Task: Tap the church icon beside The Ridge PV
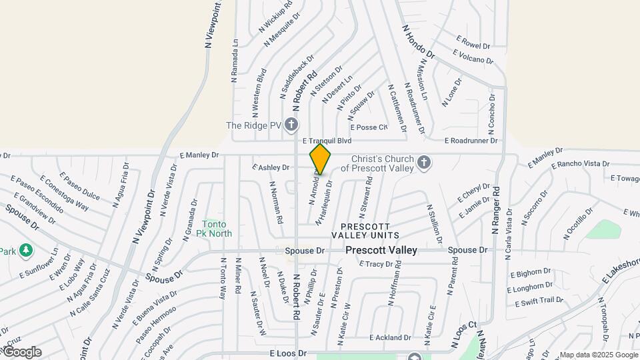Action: click(291, 125)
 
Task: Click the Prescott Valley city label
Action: click(381, 250)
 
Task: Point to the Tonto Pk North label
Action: click(214, 229)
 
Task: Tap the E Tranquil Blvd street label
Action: click(326, 141)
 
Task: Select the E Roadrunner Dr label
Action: click(471, 141)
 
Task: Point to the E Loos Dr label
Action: click(288, 352)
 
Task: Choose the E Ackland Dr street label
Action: click(390, 338)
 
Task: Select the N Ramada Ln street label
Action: click(235, 61)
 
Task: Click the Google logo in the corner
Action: click(22, 351)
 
